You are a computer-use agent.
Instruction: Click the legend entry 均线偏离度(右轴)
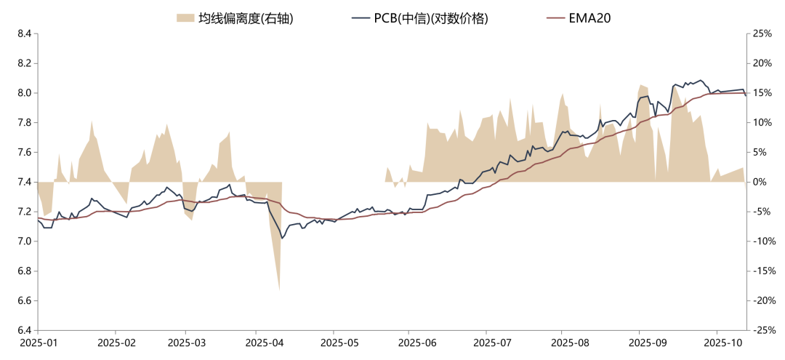[x=246, y=18]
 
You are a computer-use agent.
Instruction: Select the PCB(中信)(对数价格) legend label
[x=430, y=18]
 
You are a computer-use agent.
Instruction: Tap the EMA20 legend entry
[x=589, y=18]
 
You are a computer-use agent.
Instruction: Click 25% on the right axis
[x=762, y=33]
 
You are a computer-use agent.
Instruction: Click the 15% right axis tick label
[x=762, y=93]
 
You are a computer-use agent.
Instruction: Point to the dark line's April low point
[x=282, y=238]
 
